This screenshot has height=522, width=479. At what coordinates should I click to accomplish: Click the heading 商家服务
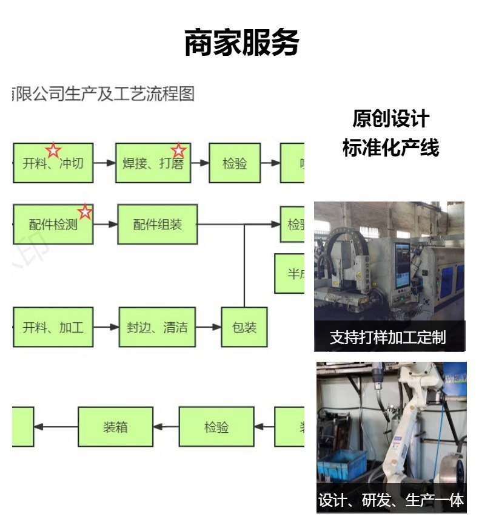tap(241, 43)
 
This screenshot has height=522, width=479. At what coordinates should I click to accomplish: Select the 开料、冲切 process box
tap(53, 163)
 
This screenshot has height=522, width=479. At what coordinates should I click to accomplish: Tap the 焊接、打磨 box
tap(153, 163)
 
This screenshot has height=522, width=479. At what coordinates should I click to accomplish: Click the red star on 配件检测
tap(85, 212)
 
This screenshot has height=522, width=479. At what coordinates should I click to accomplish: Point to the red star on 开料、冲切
tap(53, 150)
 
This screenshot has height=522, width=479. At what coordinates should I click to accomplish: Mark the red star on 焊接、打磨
tap(178, 150)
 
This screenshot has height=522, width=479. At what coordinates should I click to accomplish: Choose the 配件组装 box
tap(158, 225)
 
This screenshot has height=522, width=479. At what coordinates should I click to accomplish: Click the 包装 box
tap(244, 328)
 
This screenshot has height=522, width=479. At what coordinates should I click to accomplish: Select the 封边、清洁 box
tap(157, 328)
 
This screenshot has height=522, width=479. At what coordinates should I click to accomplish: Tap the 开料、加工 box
tap(53, 328)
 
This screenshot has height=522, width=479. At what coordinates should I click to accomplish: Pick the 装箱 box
tap(115, 427)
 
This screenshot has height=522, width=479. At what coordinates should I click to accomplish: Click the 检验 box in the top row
tap(235, 163)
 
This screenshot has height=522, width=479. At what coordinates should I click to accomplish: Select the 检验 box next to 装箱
tap(216, 427)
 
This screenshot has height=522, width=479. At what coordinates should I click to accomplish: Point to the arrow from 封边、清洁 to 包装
tap(209, 328)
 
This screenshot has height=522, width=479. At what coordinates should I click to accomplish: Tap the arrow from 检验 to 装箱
tap(166, 427)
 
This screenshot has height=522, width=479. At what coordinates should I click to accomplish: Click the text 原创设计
tap(390, 119)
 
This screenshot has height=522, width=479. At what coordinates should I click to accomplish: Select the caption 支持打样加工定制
tap(388, 337)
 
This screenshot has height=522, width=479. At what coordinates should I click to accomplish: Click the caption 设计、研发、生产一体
tap(391, 500)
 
